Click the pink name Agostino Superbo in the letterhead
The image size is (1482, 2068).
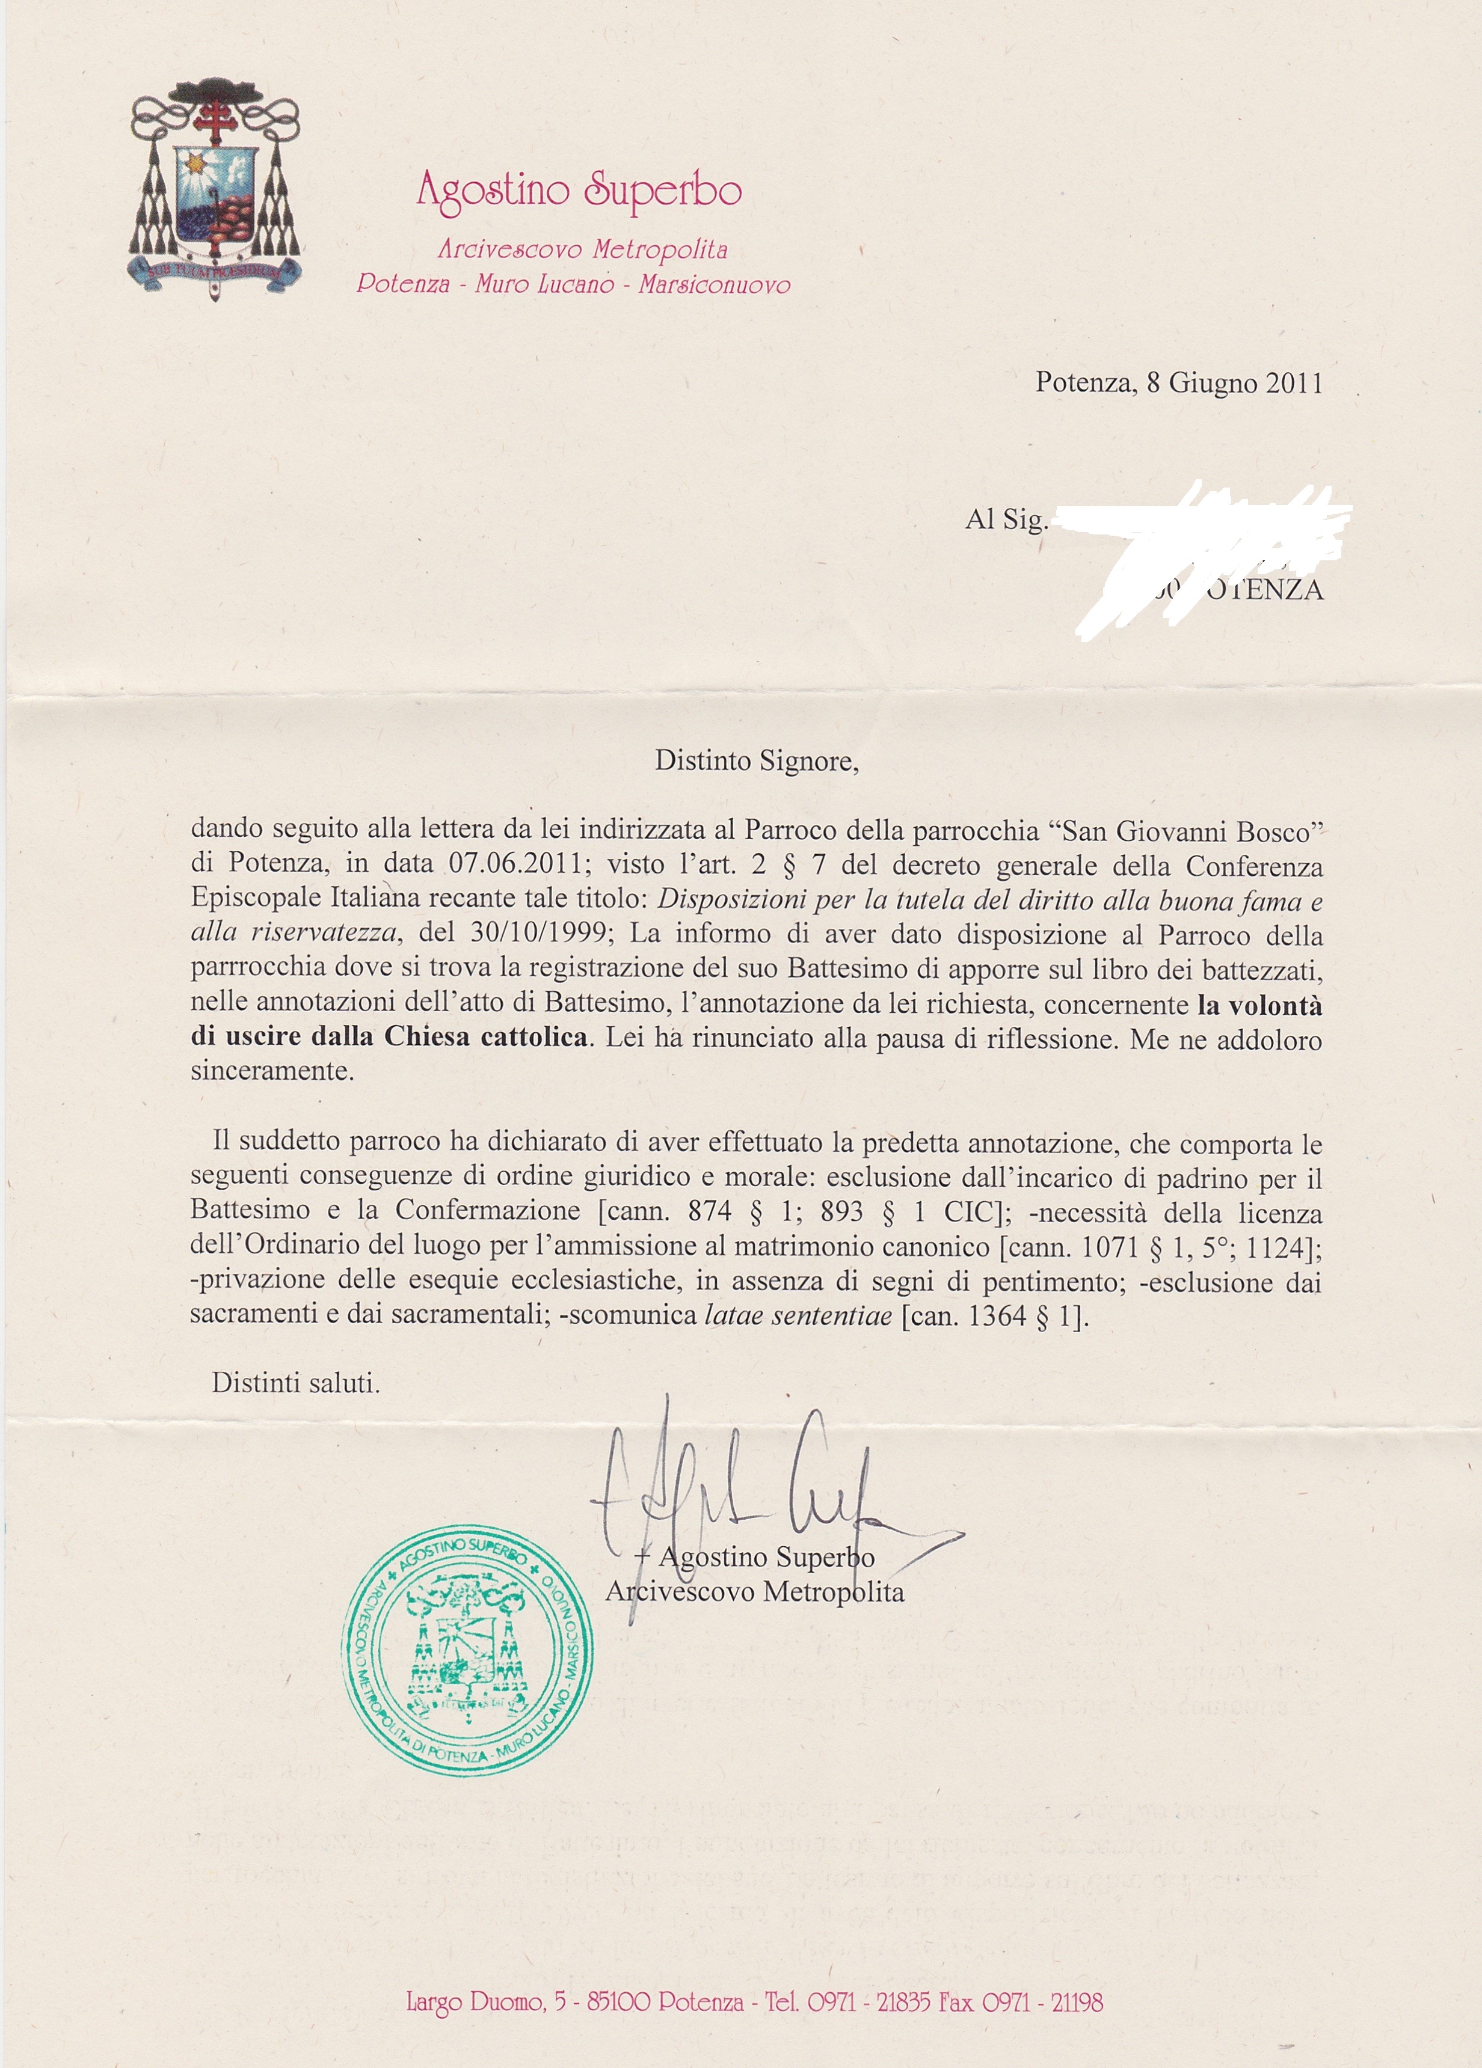[578, 192]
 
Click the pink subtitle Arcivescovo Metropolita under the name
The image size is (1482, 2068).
[582, 249]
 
